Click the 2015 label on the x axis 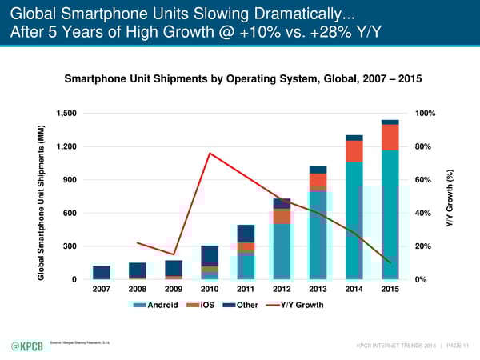coord(390,289)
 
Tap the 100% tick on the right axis coord(424,113)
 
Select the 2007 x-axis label coord(102,289)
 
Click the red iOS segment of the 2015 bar coord(390,137)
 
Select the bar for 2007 coord(102,272)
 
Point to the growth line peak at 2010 coord(210,153)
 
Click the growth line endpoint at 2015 coord(390,262)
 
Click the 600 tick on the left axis coord(70,213)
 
